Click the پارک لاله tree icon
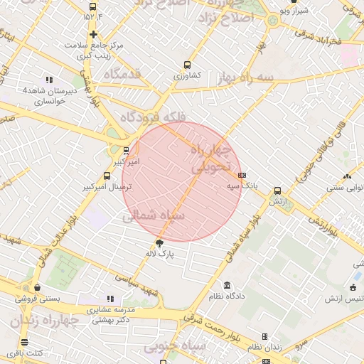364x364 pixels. (159, 242)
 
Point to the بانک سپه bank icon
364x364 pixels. (242, 175)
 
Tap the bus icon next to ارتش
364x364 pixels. (277, 191)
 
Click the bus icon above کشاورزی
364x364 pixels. (187, 65)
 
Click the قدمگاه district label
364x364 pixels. (122, 73)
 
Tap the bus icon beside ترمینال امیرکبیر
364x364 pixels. (107, 176)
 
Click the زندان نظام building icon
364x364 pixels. (265, 337)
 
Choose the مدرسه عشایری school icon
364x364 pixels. (109, 299)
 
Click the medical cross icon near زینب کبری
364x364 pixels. (93, 34)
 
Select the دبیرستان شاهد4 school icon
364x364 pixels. (49, 80)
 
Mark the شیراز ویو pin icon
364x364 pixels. (294, 2)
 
